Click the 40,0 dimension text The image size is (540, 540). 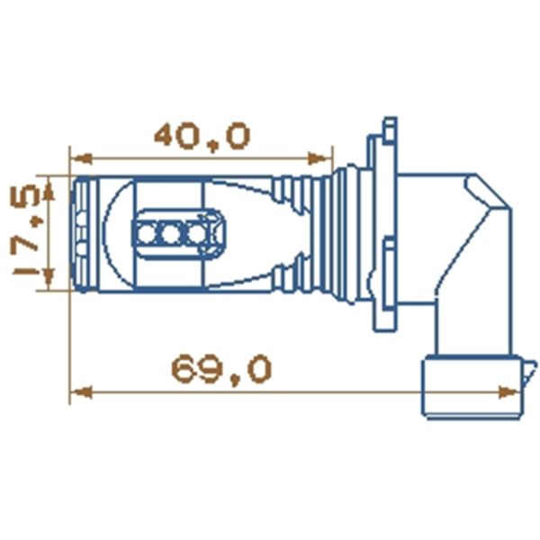click(x=202, y=135)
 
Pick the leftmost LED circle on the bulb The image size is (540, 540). click(x=147, y=234)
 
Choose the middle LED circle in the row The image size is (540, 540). click(x=171, y=234)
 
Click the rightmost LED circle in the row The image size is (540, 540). click(x=195, y=234)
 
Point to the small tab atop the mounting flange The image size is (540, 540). click(x=389, y=126)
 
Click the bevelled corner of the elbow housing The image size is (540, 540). click(x=482, y=191)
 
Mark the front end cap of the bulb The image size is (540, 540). click(x=84, y=233)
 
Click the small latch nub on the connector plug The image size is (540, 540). click(x=531, y=369)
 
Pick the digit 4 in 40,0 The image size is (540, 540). click(x=168, y=135)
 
